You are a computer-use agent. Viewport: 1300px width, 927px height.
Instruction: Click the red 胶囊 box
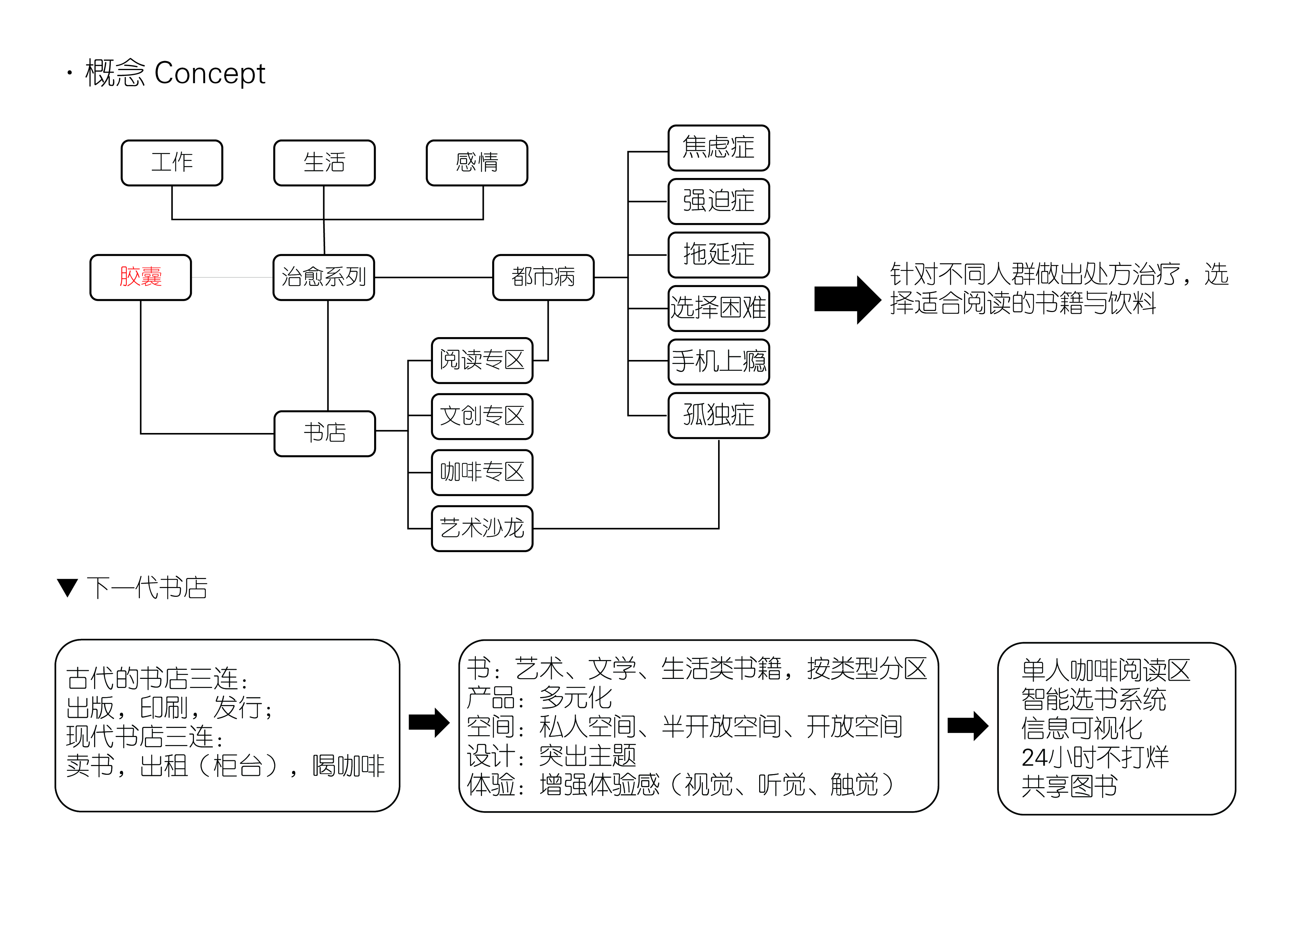click(x=140, y=278)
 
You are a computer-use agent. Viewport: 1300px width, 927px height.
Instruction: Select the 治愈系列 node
click(x=324, y=278)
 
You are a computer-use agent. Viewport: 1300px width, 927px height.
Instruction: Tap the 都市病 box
click(x=543, y=278)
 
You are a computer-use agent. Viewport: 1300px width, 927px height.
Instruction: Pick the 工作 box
click(x=172, y=163)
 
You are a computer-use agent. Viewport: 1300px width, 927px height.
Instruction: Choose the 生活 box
click(x=324, y=163)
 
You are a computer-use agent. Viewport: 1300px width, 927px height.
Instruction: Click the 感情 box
click(x=477, y=163)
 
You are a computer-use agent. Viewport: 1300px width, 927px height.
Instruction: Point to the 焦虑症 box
click(x=718, y=148)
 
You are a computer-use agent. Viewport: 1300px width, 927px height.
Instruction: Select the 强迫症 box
click(x=718, y=202)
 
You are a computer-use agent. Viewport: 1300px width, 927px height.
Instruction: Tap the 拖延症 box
click(x=718, y=255)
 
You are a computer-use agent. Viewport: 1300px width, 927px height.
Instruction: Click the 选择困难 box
click(x=718, y=308)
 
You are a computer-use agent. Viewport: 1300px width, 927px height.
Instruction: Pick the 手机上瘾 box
click(x=718, y=362)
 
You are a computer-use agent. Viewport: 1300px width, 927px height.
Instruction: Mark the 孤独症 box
click(x=718, y=415)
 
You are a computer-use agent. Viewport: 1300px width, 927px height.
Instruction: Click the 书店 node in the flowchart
click(x=325, y=433)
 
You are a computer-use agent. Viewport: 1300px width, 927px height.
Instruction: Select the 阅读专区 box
click(x=482, y=360)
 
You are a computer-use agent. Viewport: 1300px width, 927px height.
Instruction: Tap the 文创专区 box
click(x=482, y=416)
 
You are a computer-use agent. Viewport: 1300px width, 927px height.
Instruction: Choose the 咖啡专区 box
click(x=482, y=473)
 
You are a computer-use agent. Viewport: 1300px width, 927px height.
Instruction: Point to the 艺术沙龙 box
click(x=482, y=529)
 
